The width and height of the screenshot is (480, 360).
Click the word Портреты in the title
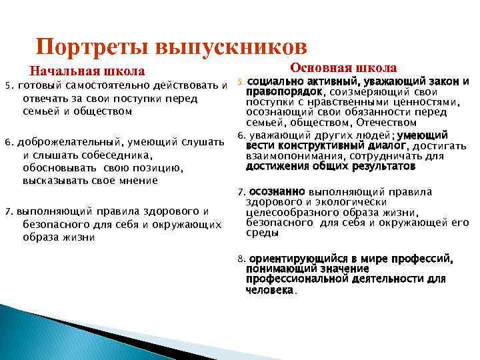click(x=93, y=47)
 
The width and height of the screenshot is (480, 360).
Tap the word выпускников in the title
click(x=231, y=47)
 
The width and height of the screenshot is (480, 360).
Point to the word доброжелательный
click(x=65, y=142)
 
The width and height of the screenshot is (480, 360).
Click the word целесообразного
click(x=289, y=213)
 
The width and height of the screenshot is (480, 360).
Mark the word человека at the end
click(x=269, y=290)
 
